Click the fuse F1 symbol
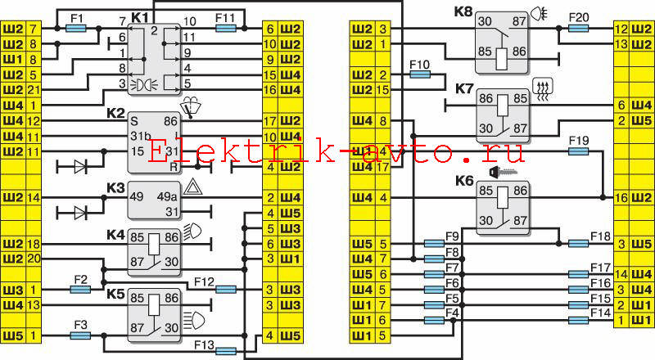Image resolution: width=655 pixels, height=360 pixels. coord(76,29)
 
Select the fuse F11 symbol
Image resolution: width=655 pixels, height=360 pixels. coord(226,29)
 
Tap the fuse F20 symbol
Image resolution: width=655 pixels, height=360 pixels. coord(579,29)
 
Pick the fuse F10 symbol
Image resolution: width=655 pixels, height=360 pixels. coord(420,74)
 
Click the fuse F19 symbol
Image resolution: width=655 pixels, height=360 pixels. coord(579,151)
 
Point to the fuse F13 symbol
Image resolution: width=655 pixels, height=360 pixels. coord(226,351)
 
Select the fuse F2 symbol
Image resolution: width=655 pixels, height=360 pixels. coord(80,290)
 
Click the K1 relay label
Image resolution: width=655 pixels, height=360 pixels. coord(140,17)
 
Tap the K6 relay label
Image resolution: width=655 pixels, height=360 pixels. coord(464,181)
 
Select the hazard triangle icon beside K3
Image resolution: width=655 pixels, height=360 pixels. coord(193,187)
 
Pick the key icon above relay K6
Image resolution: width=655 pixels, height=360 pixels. coord(503,171)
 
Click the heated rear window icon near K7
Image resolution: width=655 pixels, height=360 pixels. coord(543,90)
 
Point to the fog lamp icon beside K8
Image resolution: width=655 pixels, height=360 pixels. coord(540,15)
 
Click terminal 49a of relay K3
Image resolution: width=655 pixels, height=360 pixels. coord(167,196)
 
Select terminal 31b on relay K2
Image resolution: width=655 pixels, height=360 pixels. coord(140,136)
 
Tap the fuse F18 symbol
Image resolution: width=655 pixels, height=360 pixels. coord(579,244)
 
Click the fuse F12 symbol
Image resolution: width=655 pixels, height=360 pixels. coord(226,290)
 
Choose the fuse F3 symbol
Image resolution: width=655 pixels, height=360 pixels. coord(80,335)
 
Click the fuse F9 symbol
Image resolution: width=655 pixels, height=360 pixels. coord(434,244)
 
